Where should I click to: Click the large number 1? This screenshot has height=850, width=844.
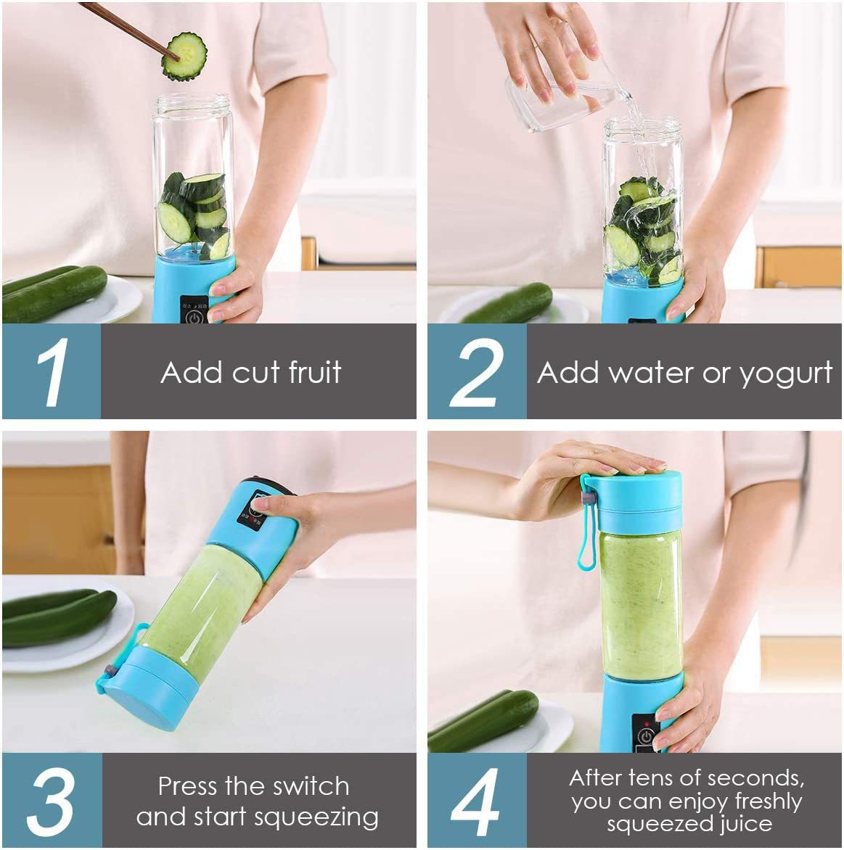point(52,372)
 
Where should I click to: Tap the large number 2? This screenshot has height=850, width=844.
point(477,372)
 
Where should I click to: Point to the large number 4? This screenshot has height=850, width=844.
point(475,801)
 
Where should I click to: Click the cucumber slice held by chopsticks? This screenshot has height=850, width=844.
point(184,56)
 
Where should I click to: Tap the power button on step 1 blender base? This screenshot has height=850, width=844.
point(194,317)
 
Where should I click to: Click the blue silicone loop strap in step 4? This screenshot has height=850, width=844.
point(586,529)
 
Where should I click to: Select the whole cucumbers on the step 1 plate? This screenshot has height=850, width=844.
point(54,292)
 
